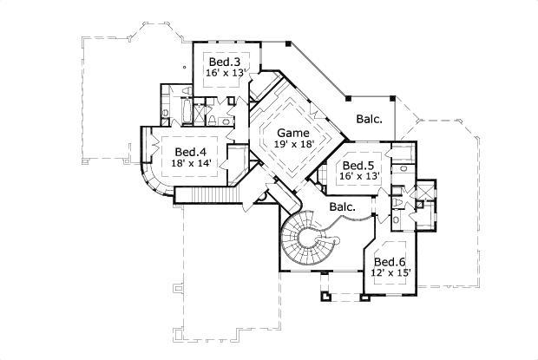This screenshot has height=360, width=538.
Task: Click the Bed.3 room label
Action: [226, 62]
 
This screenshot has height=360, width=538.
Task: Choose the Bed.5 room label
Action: [358, 166]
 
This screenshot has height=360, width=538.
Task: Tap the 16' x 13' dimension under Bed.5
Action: [358, 177]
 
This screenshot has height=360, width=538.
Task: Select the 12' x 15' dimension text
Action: [390, 273]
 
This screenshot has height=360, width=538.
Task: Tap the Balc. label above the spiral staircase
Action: [341, 207]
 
